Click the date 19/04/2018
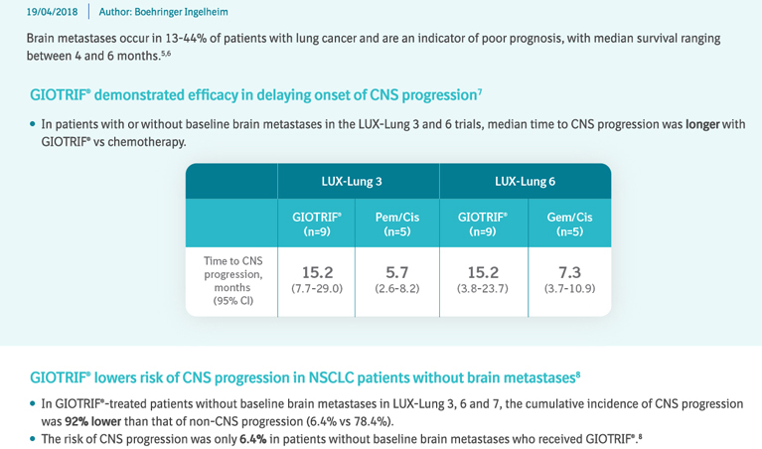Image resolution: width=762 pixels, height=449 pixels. (x=53, y=12)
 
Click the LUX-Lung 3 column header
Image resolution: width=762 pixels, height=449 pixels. (x=358, y=182)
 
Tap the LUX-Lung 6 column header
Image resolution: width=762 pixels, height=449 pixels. (x=525, y=182)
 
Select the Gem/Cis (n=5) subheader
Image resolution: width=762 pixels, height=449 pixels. (x=569, y=224)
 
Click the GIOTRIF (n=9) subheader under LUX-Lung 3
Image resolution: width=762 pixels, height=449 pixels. (x=317, y=224)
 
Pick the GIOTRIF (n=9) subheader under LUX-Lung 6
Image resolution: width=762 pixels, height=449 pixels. (x=483, y=224)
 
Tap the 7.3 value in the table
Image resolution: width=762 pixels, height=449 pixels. (x=569, y=272)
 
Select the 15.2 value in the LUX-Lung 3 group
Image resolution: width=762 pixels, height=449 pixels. (x=317, y=272)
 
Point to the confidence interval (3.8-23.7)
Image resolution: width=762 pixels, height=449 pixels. (x=483, y=289)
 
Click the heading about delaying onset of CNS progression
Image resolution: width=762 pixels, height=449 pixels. (x=256, y=95)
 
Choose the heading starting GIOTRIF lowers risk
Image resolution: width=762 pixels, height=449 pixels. (x=304, y=377)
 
